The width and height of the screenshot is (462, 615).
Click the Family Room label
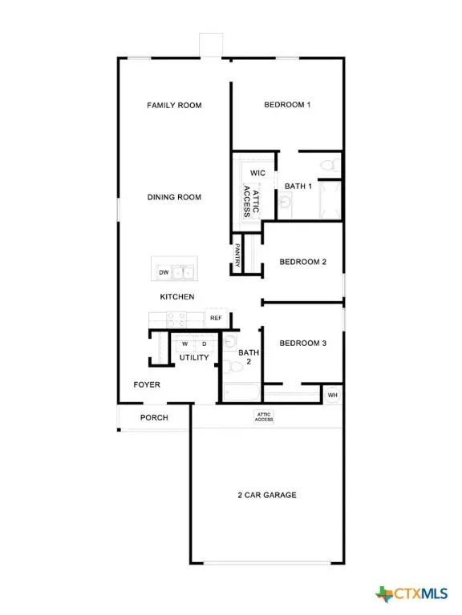pyautogui.click(x=173, y=105)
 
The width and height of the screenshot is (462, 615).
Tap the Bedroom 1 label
pyautogui.click(x=287, y=105)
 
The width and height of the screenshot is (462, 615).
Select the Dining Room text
pyautogui.click(x=173, y=197)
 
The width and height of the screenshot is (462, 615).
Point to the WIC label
pyautogui.click(x=257, y=173)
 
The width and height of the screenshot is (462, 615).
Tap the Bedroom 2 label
pyautogui.click(x=302, y=261)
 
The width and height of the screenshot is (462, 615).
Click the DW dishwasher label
pyautogui.click(x=164, y=273)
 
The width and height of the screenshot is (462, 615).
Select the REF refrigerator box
pyautogui.click(x=216, y=318)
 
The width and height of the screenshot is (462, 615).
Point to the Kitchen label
pyautogui.click(x=177, y=297)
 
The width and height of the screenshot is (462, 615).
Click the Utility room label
pyautogui.click(x=194, y=357)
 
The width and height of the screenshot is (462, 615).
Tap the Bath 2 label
pyautogui.click(x=249, y=357)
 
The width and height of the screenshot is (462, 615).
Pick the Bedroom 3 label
pyautogui.click(x=302, y=344)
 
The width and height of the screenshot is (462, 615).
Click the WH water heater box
pyautogui.click(x=332, y=395)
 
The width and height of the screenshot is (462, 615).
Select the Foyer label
pyautogui.click(x=147, y=385)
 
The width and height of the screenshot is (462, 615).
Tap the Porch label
pyautogui.click(x=154, y=418)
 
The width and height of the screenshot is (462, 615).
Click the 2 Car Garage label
pyautogui.click(x=267, y=495)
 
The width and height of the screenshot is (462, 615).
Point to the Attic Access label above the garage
pyautogui.click(x=264, y=416)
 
